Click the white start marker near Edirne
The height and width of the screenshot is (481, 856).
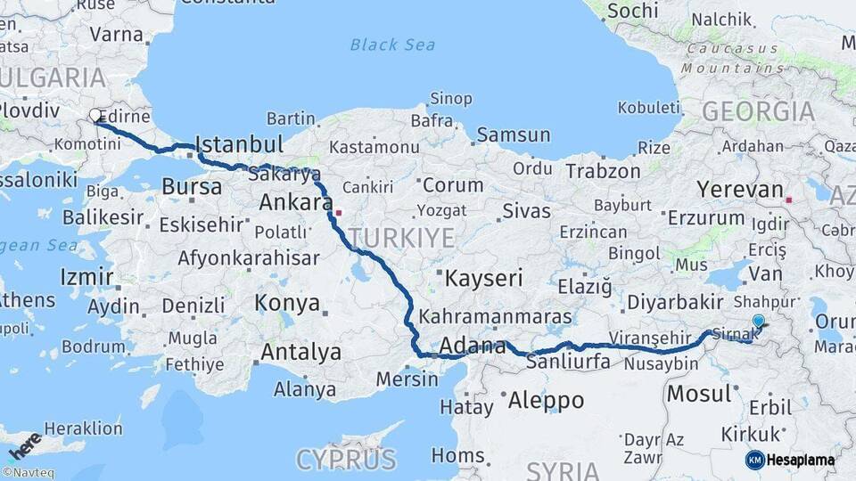coord(95,115)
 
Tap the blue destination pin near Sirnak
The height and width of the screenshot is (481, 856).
coord(758,321)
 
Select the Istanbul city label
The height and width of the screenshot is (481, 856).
coord(238,144)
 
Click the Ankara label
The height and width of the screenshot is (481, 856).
coord(295,203)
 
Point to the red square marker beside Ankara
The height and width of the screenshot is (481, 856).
coord(338,213)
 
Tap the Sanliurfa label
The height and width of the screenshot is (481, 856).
coord(568,362)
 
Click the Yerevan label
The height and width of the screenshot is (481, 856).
coord(739,189)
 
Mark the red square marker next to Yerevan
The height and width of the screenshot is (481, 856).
coord(789,189)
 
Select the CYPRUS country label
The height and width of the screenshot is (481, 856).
coord(346,460)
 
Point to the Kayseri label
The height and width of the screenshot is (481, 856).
coord(483,278)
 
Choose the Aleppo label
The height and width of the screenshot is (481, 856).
coord(545,401)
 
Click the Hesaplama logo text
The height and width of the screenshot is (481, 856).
coord(801,461)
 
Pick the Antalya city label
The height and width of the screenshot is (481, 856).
coord(300,352)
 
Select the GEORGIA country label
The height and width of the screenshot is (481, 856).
coord(758,112)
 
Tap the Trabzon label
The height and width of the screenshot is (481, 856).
coord(603,171)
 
